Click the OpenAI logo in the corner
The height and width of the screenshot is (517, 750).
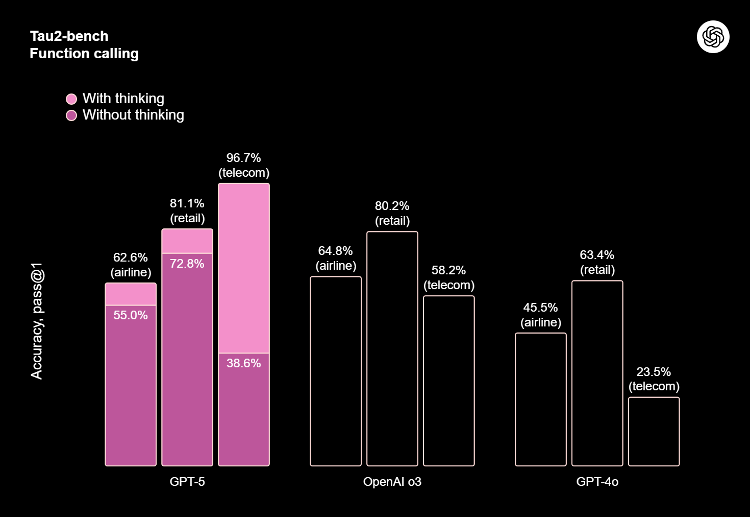click(713, 37)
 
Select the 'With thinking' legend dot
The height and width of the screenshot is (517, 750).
click(71, 99)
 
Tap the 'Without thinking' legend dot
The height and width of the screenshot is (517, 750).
click(71, 115)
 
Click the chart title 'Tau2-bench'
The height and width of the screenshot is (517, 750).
click(69, 36)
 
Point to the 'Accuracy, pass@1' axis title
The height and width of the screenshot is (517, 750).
click(37, 321)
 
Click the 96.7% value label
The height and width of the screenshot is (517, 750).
click(243, 157)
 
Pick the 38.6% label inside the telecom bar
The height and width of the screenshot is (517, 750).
click(243, 363)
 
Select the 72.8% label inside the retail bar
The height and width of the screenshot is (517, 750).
click(187, 264)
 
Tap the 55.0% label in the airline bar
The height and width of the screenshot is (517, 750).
click(130, 315)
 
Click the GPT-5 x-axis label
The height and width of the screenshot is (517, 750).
click(187, 481)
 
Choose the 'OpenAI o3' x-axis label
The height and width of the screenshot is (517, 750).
click(392, 481)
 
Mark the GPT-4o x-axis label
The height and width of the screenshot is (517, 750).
click(597, 481)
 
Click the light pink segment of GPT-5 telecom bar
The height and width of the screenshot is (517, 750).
click(244, 268)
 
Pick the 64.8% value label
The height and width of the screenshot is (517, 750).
click(335, 250)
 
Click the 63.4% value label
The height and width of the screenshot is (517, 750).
click(597, 255)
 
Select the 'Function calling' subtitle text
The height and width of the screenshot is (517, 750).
click(84, 54)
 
